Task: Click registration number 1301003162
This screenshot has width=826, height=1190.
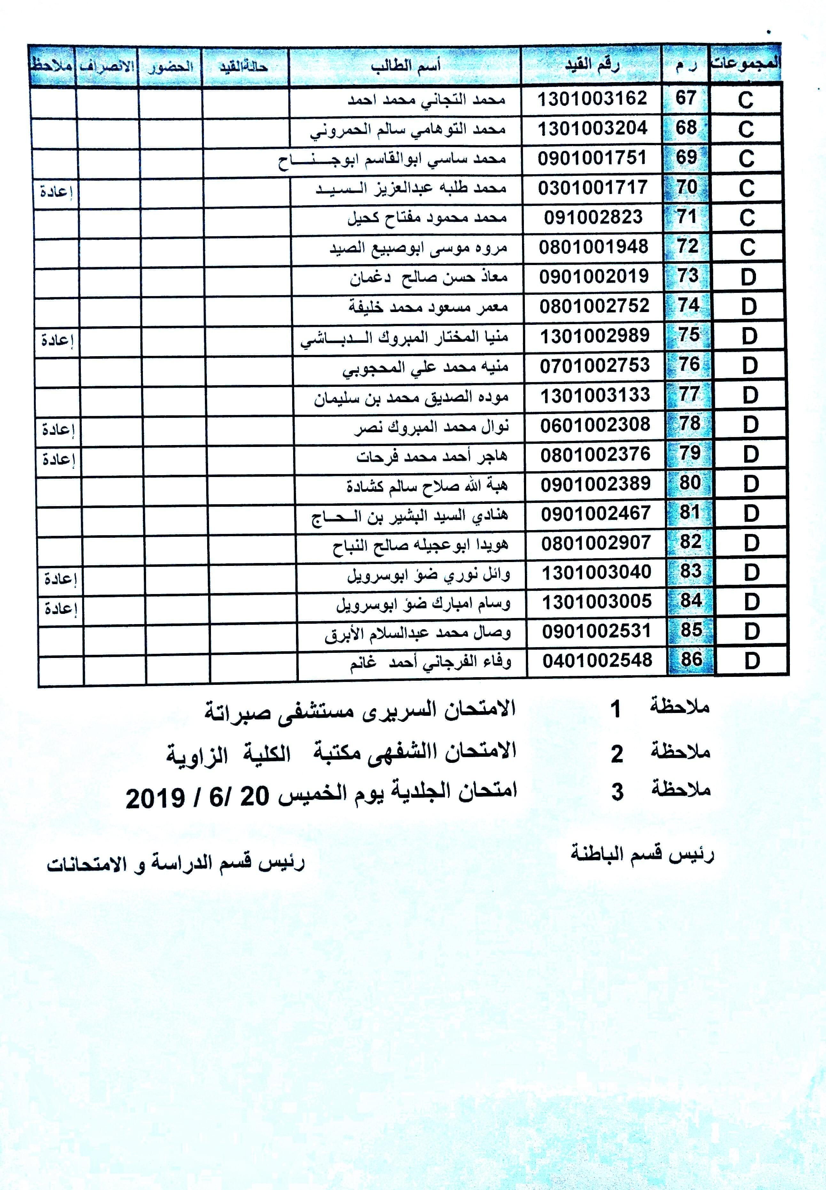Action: point(592,98)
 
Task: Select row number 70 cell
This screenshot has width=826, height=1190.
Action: point(686,187)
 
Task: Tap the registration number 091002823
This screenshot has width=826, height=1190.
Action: point(593,217)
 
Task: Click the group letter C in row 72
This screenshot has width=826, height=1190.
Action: point(747,247)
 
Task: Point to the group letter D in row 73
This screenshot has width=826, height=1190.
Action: point(748,278)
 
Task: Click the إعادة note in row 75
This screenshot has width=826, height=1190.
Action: point(57,340)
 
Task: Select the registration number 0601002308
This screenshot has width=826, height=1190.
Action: point(595,425)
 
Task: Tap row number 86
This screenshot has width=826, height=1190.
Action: point(691,660)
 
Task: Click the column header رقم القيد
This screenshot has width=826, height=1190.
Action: point(592,66)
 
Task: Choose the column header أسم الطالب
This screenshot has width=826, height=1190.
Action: point(405,66)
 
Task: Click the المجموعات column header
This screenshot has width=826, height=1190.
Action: point(745,64)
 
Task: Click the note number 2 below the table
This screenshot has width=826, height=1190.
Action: point(616,755)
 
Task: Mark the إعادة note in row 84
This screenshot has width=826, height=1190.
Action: point(60,609)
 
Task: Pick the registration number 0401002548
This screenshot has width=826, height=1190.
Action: point(597,661)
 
